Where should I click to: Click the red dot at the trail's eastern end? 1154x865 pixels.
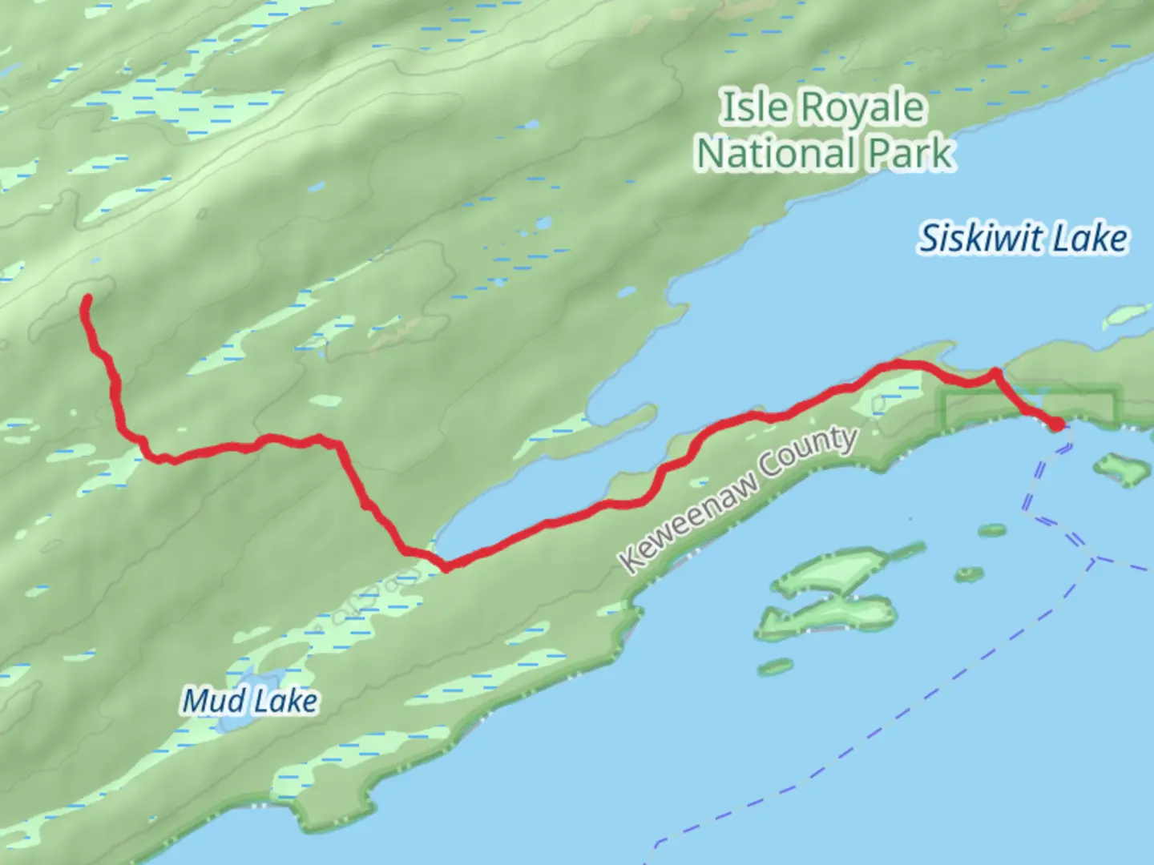(x=1057, y=424)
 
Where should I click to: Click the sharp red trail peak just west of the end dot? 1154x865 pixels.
(x=995, y=372)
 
